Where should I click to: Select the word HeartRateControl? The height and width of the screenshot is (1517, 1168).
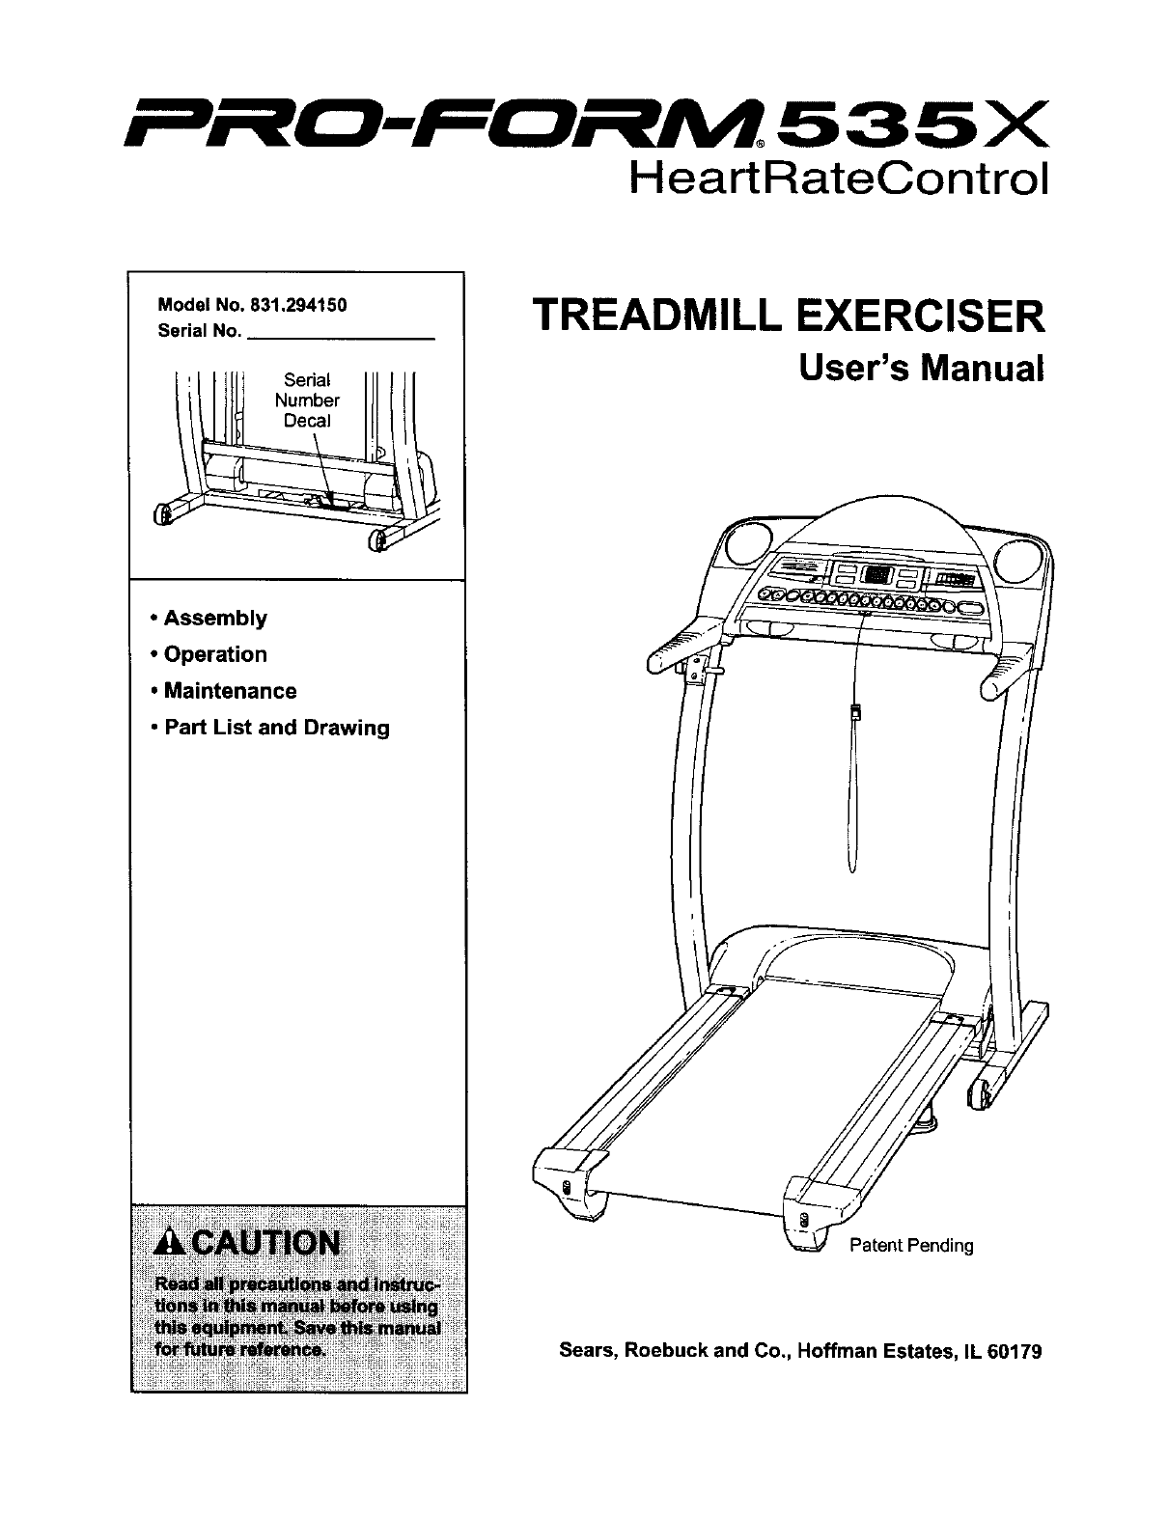pyautogui.click(x=837, y=179)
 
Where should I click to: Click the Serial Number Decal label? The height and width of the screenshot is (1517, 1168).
pyautogui.click(x=307, y=400)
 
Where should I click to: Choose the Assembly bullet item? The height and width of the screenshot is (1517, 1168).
pyautogui.click(x=214, y=619)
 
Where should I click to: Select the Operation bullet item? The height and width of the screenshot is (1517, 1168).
pyautogui.click(x=214, y=655)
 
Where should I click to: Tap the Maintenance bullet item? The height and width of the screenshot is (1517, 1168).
pyautogui.click(x=230, y=692)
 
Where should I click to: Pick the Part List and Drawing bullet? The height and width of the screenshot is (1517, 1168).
pyautogui.click(x=276, y=729)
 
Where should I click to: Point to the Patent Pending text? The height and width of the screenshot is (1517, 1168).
pyautogui.click(x=911, y=1246)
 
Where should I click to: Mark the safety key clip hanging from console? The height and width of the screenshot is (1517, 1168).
pyautogui.click(x=854, y=714)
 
